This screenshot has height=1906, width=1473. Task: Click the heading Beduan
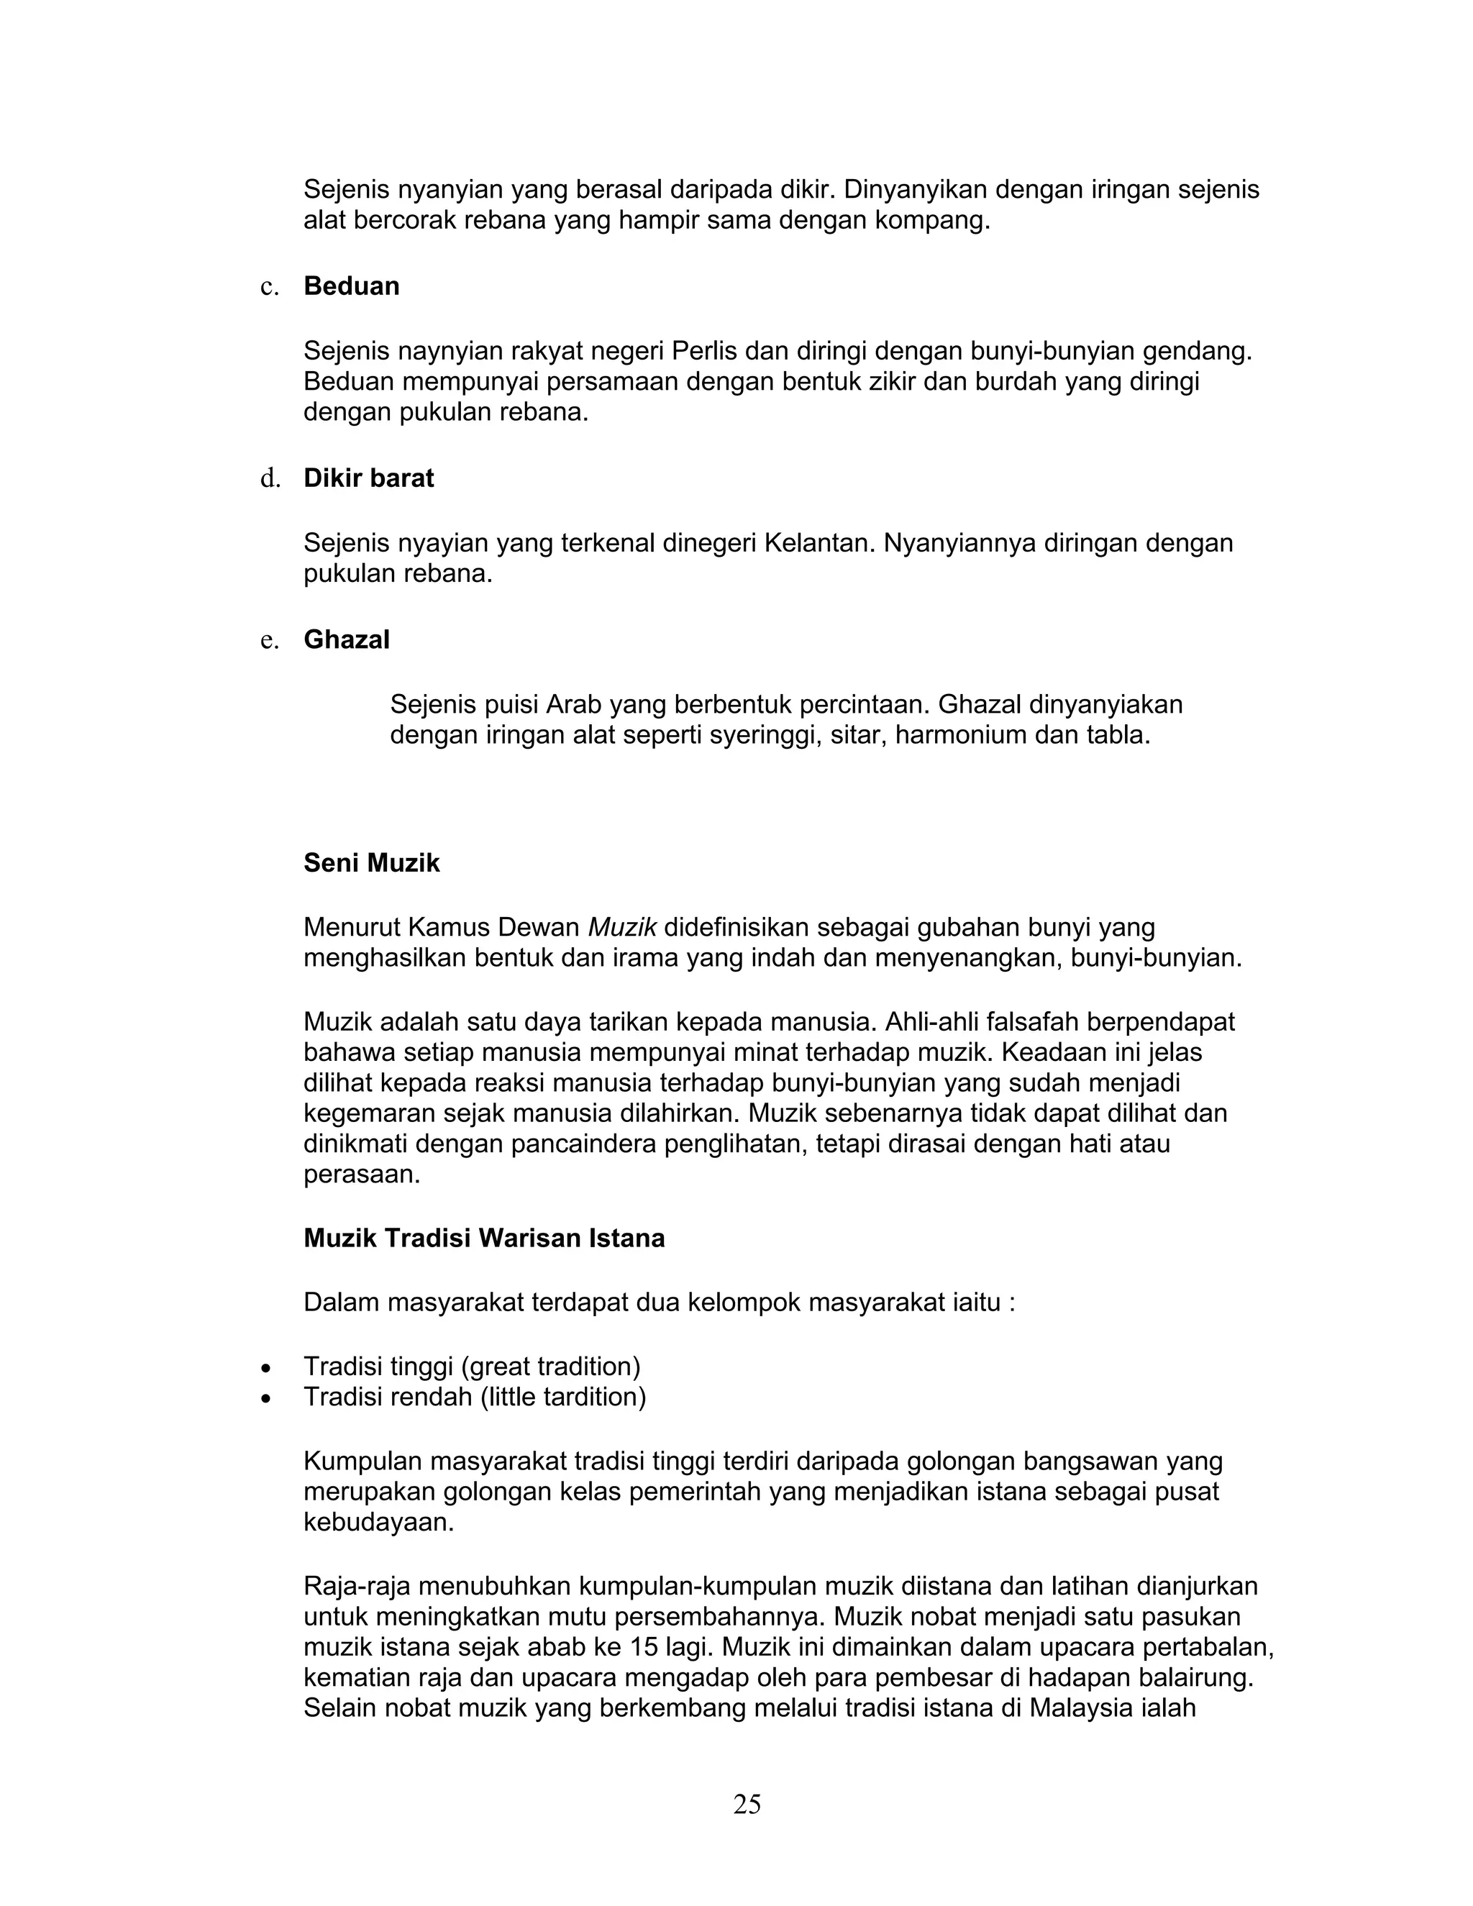pos(351,286)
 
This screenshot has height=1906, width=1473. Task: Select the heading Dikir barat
pos(368,478)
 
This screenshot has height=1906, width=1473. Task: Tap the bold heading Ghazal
pos(347,639)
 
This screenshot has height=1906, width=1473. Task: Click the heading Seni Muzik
pos(371,863)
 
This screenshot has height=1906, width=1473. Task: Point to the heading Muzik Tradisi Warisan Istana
pos(483,1239)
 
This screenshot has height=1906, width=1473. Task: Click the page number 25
pos(747,1804)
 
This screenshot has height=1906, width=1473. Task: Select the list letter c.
pos(270,287)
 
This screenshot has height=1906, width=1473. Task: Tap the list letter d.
pos(270,478)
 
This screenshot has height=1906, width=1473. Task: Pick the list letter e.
pos(270,641)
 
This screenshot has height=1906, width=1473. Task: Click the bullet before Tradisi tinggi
pos(266,1367)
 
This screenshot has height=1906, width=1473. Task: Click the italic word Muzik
pos(622,927)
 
